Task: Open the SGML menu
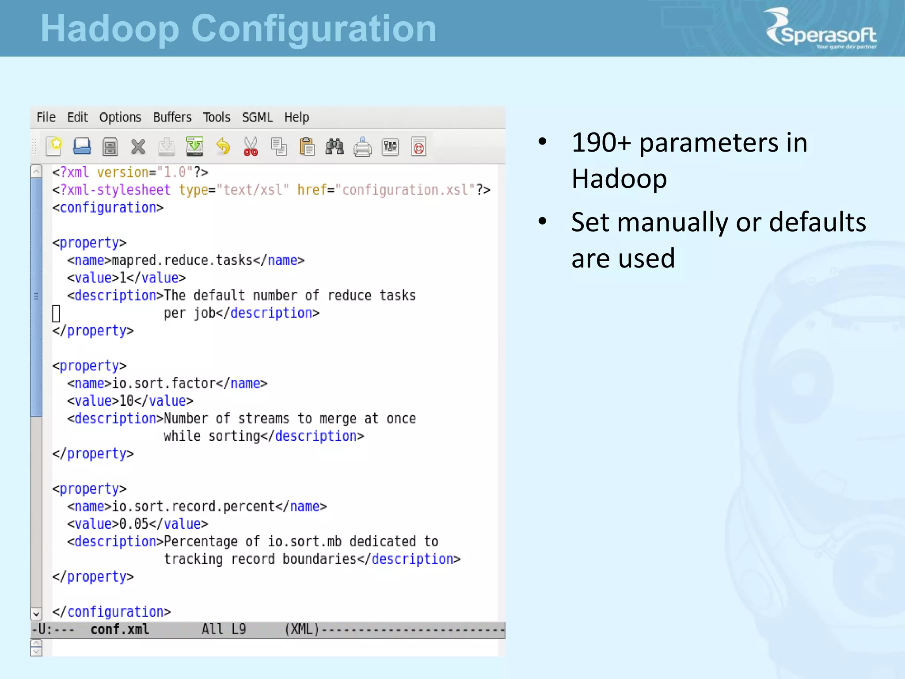tap(257, 117)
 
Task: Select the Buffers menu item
tap(172, 117)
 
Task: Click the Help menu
tap(297, 117)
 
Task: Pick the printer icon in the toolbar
tap(362, 147)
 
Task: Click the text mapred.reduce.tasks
tap(182, 260)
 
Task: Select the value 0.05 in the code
tap(134, 524)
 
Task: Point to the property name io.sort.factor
tap(164, 383)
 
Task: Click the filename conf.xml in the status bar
tap(119, 629)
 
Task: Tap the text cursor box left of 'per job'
tap(56, 313)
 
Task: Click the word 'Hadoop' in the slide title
tap(110, 29)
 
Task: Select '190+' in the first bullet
tap(601, 143)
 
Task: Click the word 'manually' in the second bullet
tap(672, 222)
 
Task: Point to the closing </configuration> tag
tap(111, 612)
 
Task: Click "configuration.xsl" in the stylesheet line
tap(405, 190)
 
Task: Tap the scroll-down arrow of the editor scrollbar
tap(36, 614)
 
